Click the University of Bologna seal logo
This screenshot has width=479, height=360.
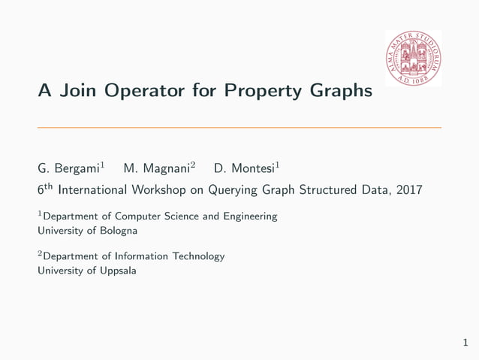413,59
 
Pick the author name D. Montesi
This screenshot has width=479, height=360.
243,168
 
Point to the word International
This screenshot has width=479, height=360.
90,190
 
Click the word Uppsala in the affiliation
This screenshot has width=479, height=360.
116,271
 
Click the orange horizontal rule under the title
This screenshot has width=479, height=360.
239,127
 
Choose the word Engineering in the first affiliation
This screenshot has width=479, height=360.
250,216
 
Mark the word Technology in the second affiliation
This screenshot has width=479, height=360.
198,256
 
